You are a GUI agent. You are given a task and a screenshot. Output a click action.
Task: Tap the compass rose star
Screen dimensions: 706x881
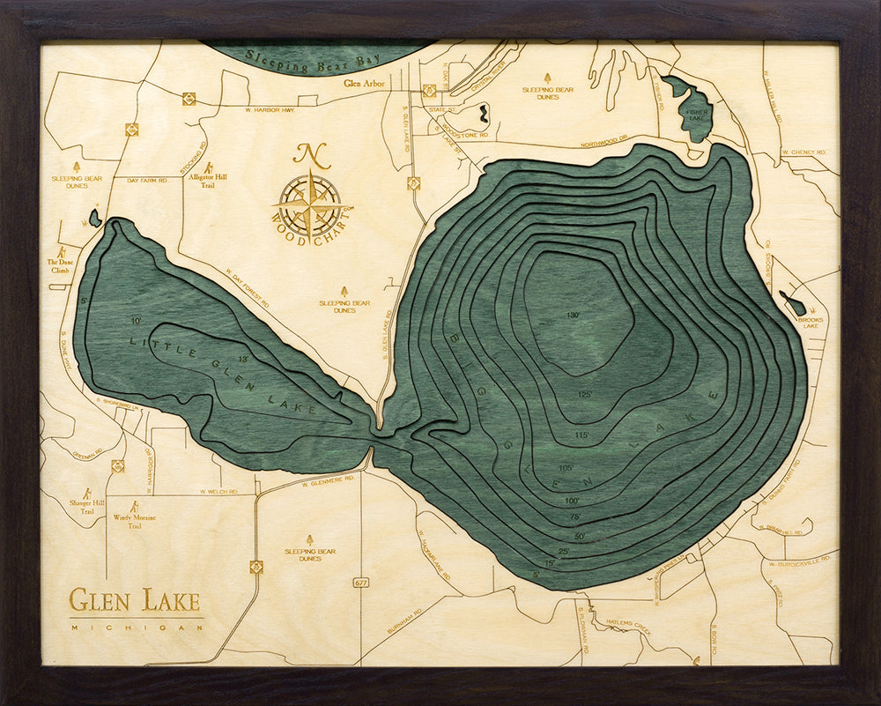point(310,205)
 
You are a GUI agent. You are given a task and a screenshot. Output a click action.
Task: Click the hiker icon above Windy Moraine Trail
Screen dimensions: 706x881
point(134,507)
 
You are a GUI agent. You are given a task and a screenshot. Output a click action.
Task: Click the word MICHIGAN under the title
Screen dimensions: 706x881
point(136,628)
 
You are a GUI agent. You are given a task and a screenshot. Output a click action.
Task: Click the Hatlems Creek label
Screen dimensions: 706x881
point(627,622)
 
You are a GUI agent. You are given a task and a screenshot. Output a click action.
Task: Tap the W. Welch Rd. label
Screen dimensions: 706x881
point(219,491)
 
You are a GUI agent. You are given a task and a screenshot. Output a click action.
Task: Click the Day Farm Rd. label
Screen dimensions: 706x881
point(146,180)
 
